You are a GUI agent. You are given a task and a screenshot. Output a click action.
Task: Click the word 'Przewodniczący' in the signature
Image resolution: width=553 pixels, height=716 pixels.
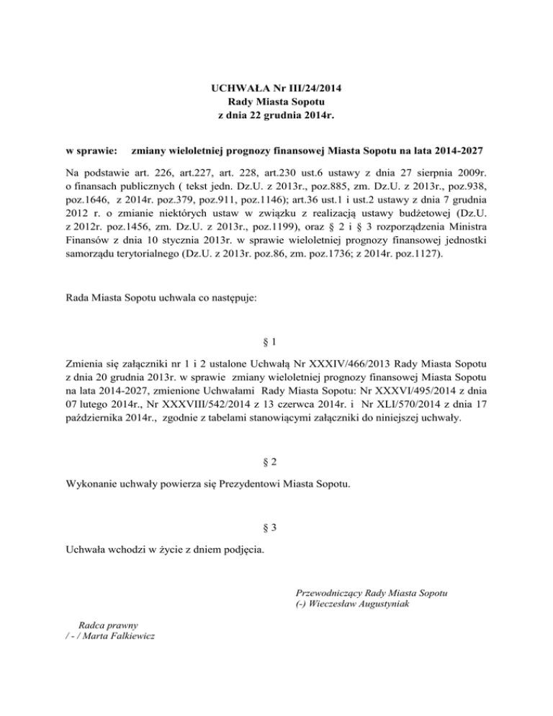pyautogui.click(x=328, y=593)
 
